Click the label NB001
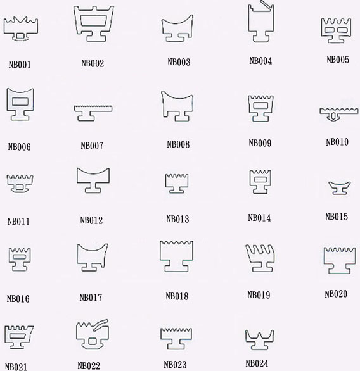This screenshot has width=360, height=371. pos(20,65)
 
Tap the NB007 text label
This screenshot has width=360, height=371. pos(92,146)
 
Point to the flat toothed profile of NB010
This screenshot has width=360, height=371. pos(339,111)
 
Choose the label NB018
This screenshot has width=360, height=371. pos(177,296)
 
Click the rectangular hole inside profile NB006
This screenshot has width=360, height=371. pos(20,101)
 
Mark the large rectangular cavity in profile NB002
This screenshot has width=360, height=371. pos(93,21)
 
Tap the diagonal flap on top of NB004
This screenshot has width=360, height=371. pos(266,4)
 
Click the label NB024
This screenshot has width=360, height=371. pos(257,363)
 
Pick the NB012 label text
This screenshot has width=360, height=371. pos(91,220)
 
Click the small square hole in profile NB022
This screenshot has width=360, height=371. pos(92,341)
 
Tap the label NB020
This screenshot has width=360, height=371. pos(336,294)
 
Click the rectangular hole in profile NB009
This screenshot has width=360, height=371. pos(260,105)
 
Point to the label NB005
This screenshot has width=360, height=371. pos(338,60)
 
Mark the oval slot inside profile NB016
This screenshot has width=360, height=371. pos(19,256)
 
